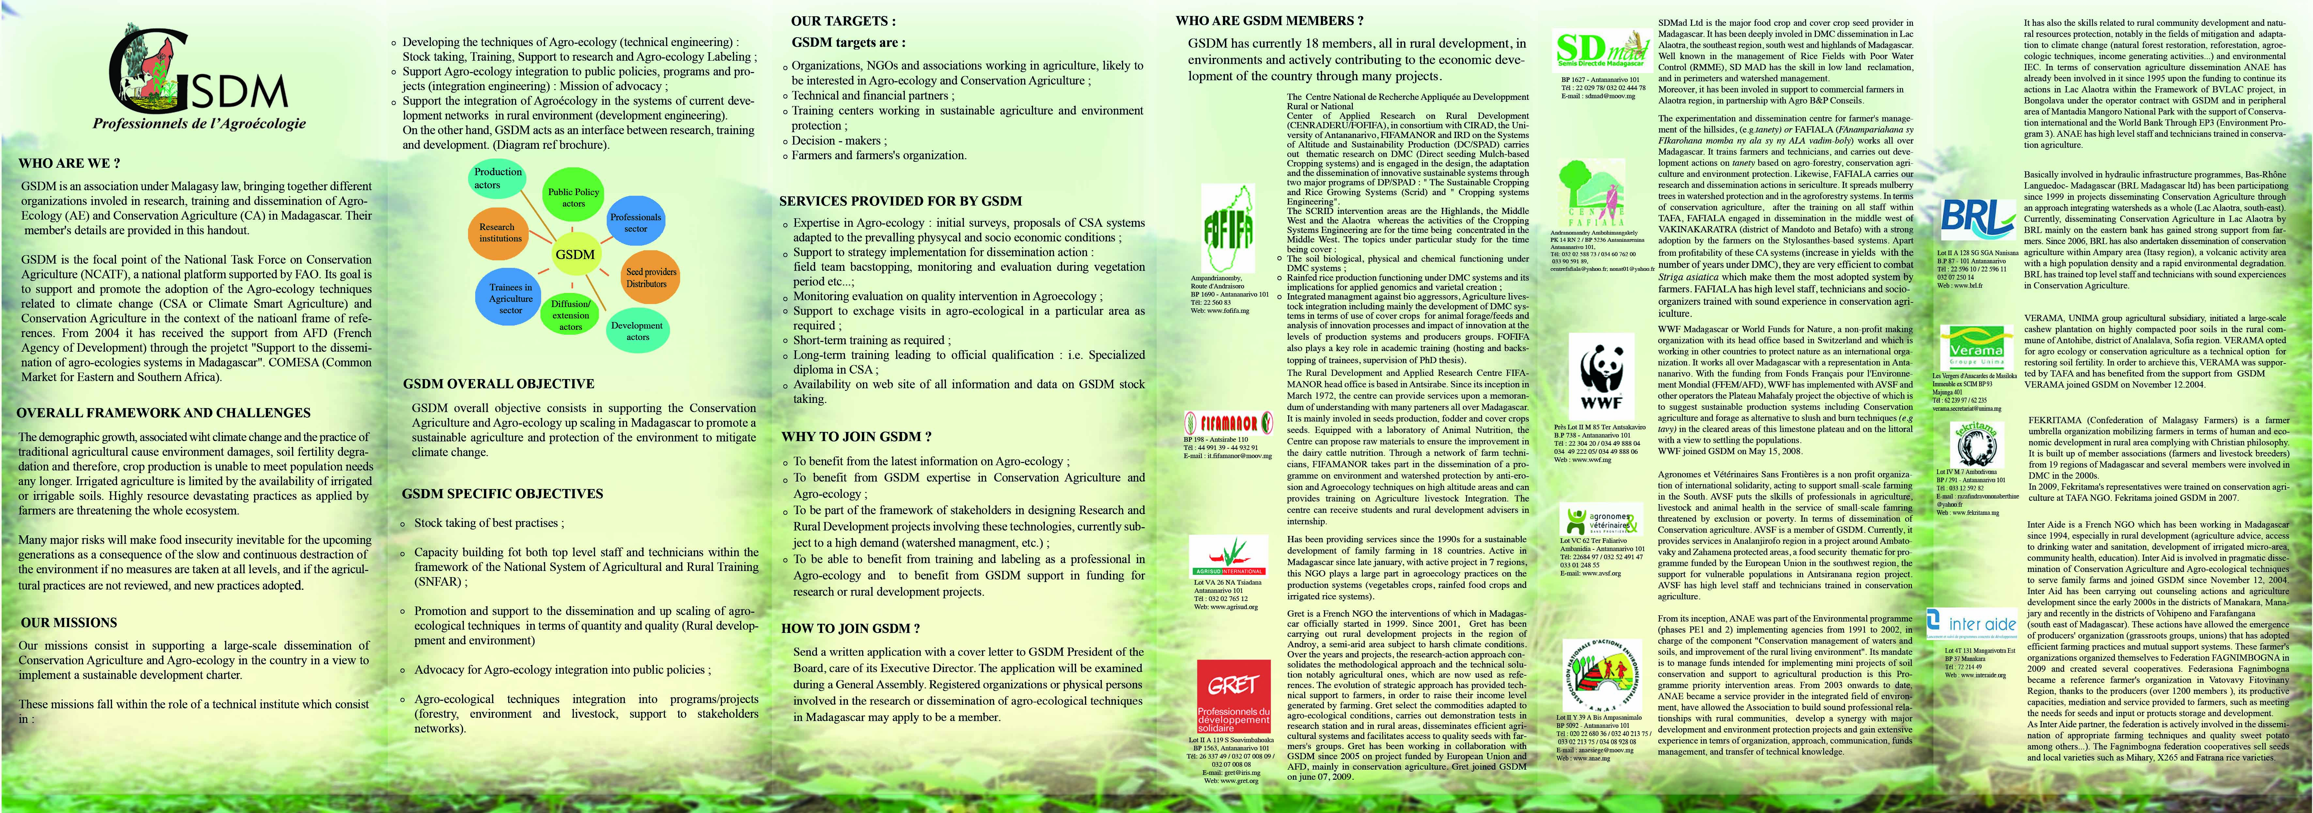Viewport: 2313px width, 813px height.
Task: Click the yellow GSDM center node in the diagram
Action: click(x=575, y=254)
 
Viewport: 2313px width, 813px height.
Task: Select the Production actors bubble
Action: click(x=497, y=178)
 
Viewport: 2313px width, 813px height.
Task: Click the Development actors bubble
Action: click(x=637, y=330)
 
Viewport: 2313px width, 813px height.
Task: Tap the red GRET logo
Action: click(x=1234, y=696)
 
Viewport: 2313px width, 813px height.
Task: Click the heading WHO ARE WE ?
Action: click(x=69, y=163)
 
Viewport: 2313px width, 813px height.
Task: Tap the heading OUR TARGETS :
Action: click(x=842, y=21)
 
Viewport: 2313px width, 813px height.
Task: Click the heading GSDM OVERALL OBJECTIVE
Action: click(x=498, y=383)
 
